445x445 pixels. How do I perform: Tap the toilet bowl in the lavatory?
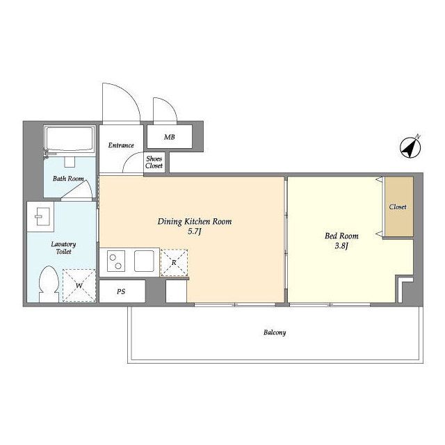[x=49, y=284]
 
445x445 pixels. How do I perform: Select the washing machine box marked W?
[x=79, y=285]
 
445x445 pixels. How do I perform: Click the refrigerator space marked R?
[x=174, y=263]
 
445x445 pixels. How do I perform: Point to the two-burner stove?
[x=116, y=261]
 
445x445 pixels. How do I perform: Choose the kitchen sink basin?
[x=144, y=261]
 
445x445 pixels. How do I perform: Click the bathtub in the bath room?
[x=70, y=140]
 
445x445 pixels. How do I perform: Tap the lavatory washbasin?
[x=40, y=216]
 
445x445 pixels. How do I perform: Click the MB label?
[x=170, y=137]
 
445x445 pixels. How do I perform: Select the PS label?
[x=121, y=291]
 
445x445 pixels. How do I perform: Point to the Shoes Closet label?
[x=154, y=162]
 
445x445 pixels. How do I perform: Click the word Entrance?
[x=121, y=145]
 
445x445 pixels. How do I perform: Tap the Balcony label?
[x=275, y=332]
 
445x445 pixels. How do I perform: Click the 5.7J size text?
[x=195, y=232]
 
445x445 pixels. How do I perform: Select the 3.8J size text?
[x=341, y=246]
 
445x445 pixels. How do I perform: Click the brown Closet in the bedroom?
[x=398, y=207]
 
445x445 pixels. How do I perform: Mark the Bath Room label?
[x=68, y=179]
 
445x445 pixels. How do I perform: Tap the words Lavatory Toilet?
[x=63, y=248]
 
